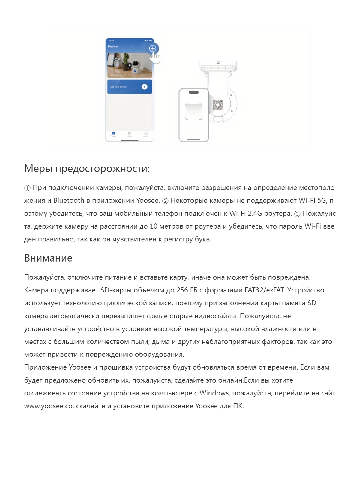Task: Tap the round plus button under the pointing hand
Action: pyautogui.click(x=153, y=48)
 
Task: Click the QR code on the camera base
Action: pyautogui.click(x=218, y=105)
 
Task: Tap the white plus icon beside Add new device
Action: pyautogui.click(x=145, y=87)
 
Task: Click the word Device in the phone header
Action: pyautogui.click(x=113, y=46)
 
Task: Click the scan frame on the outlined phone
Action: pyautogui.click(x=194, y=112)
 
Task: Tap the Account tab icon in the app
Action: pyautogui.click(x=146, y=133)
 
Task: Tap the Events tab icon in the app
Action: pyautogui.click(x=130, y=133)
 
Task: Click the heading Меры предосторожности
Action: pyautogui.click(x=87, y=169)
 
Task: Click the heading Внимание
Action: pyautogui.click(x=48, y=258)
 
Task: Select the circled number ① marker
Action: pyautogui.click(x=27, y=188)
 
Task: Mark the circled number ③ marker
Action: pyautogui.click(x=297, y=214)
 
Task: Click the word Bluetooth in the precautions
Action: pyautogui.click(x=69, y=201)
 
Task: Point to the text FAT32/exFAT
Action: pyautogui.click(x=265, y=290)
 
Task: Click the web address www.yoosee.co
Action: pyautogui.click(x=49, y=406)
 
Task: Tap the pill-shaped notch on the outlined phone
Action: pyautogui.click(x=194, y=92)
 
